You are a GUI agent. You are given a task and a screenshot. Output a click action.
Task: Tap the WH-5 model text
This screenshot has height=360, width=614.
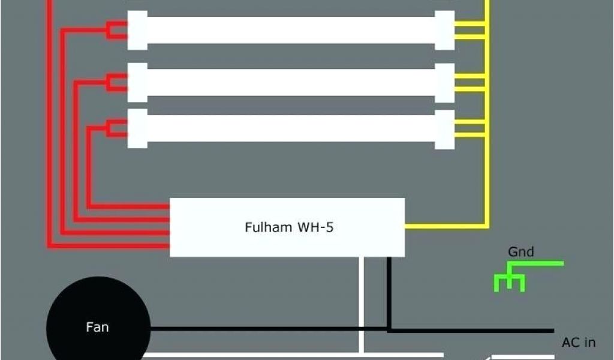(x=312, y=227)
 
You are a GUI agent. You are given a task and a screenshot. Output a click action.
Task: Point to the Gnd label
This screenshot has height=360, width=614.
(x=520, y=252)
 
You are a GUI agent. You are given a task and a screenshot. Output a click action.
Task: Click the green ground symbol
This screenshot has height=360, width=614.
(x=510, y=281)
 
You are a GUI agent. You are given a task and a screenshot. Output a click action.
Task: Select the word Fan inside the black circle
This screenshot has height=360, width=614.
(x=97, y=328)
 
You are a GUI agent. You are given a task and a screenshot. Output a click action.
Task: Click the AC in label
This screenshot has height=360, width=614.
(x=578, y=343)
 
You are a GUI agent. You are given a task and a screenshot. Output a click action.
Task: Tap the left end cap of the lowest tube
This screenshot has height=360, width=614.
(x=137, y=127)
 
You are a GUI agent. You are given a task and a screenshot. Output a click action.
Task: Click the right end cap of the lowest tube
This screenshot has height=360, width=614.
(x=444, y=127)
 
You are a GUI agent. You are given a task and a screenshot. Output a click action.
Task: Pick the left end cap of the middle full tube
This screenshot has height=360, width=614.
(x=137, y=82)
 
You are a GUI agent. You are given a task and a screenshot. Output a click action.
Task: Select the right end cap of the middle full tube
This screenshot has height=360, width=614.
(x=444, y=82)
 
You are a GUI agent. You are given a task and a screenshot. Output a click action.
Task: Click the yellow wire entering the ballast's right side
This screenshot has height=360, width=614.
(x=444, y=227)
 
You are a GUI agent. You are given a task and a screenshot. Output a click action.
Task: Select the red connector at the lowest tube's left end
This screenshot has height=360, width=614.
(x=116, y=127)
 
